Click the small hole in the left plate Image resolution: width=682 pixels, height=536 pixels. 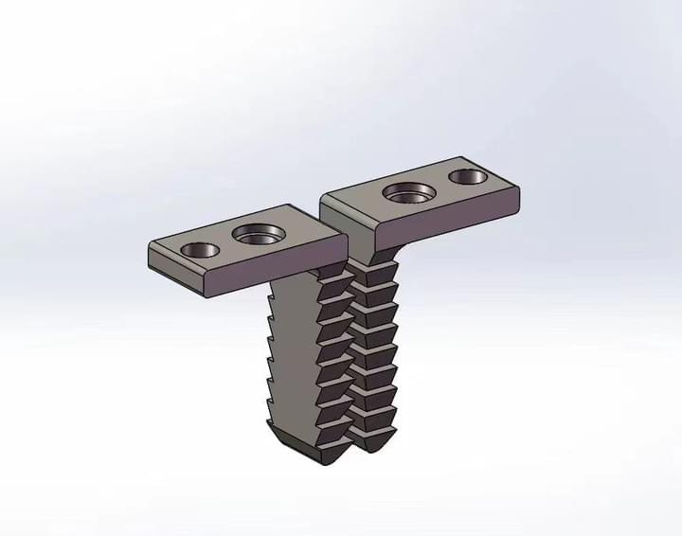pos(199,250)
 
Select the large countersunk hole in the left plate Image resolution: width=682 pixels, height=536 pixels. pos(256,234)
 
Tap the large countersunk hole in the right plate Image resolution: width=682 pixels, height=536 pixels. pos(408,193)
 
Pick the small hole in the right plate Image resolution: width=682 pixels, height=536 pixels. pos(466,176)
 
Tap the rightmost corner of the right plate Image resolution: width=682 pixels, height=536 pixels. pos(518,189)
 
